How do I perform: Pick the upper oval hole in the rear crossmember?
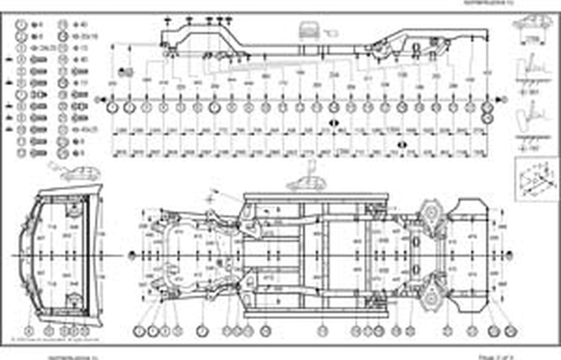click(416, 242)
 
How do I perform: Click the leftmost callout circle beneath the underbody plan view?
click(139, 331)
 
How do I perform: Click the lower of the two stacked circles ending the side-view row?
click(487, 115)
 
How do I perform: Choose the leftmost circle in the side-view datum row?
click(113, 107)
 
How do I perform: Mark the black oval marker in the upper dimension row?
click(334, 123)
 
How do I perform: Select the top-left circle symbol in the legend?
click(21, 25)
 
